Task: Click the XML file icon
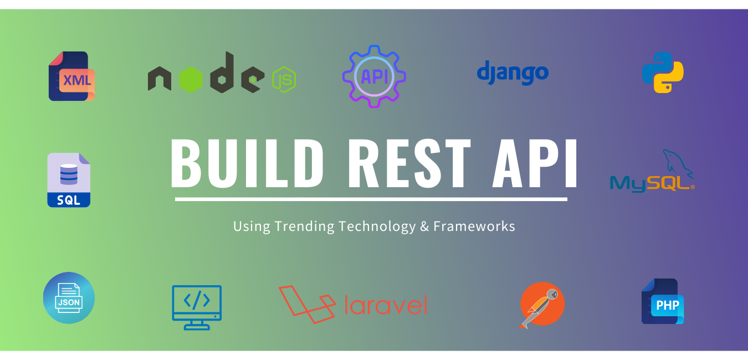tap(71, 76)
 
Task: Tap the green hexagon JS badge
tap(284, 80)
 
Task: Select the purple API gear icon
tap(374, 76)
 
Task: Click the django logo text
tap(513, 73)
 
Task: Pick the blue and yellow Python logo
tap(663, 73)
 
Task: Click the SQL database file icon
tap(69, 180)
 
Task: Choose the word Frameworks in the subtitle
tap(474, 227)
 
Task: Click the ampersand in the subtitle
tap(424, 227)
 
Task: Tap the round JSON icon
tap(69, 298)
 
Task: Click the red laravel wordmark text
tap(386, 305)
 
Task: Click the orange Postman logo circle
tap(542, 304)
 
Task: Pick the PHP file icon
tap(663, 302)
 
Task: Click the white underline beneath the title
tap(371, 199)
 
